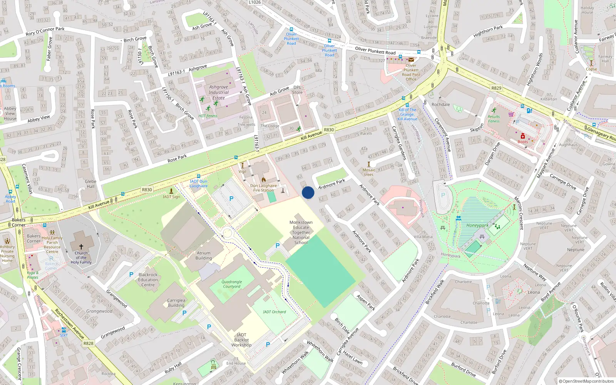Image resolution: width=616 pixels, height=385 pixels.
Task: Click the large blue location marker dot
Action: pyautogui.click(x=308, y=192)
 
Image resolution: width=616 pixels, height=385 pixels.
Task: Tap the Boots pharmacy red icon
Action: pyautogui.click(x=522, y=136)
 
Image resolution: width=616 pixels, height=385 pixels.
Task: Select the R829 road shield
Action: pyautogui.click(x=496, y=88)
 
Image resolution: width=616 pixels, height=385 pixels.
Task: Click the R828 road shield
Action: pyautogui.click(x=88, y=343)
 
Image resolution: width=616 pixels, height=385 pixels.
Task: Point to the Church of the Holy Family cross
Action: pyautogui.click(x=81, y=246)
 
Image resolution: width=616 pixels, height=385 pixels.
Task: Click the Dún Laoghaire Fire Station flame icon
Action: pyautogui.click(x=264, y=180)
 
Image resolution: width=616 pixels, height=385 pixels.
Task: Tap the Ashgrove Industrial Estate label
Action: pyautogui.click(x=218, y=92)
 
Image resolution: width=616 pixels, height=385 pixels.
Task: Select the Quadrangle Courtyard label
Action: pyautogui.click(x=232, y=284)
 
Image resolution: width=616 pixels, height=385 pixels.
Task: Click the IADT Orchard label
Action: pyautogui.click(x=275, y=312)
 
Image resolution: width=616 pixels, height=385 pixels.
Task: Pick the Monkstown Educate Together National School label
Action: pyautogui.click(x=301, y=233)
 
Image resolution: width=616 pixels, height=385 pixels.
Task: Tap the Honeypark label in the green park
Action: pyautogui.click(x=477, y=226)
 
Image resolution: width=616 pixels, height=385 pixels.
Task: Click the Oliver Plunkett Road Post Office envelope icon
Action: pyautogui.click(x=411, y=60)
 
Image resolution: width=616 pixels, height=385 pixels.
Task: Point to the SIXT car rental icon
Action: pyautogui.click(x=64, y=330)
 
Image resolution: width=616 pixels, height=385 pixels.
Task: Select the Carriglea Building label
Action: pyautogui.click(x=176, y=303)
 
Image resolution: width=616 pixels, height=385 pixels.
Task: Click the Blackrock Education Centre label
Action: pyautogui.click(x=148, y=280)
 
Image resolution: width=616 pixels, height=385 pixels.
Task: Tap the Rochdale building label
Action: pyautogui.click(x=441, y=104)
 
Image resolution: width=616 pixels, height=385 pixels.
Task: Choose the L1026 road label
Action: pyautogui.click(x=254, y=2)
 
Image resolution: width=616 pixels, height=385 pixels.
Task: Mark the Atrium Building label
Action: pyautogui.click(x=204, y=256)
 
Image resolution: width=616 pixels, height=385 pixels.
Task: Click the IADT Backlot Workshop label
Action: pyautogui.click(x=241, y=340)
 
